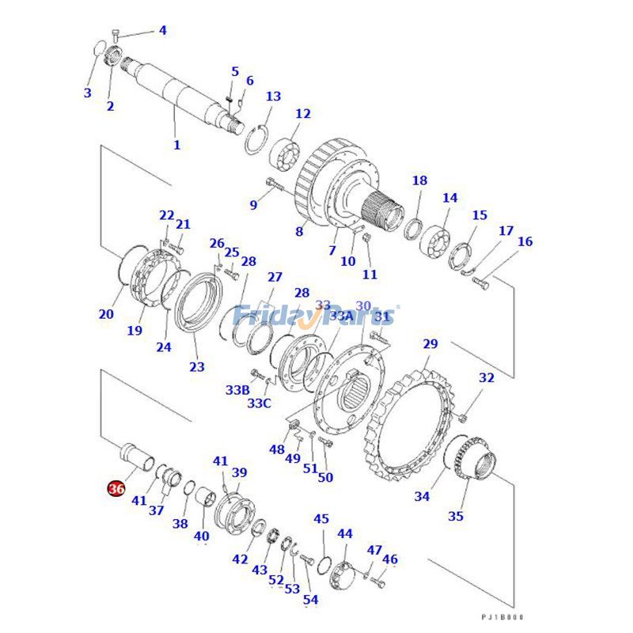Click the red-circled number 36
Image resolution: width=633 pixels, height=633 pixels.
116,489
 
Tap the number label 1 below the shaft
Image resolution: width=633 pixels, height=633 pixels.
176,145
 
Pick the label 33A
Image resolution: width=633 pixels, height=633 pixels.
341,316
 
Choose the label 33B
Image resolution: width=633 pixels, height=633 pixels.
237,390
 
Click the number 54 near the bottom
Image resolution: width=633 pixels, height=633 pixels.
310,600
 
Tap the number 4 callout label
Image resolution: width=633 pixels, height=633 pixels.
162,31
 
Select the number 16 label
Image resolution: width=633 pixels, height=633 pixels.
525,241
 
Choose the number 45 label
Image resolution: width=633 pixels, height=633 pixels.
320,519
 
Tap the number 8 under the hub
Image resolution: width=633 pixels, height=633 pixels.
299,232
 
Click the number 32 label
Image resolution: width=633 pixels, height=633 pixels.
486,378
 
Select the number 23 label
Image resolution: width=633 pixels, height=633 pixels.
196,366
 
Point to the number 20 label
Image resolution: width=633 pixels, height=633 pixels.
106,314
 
